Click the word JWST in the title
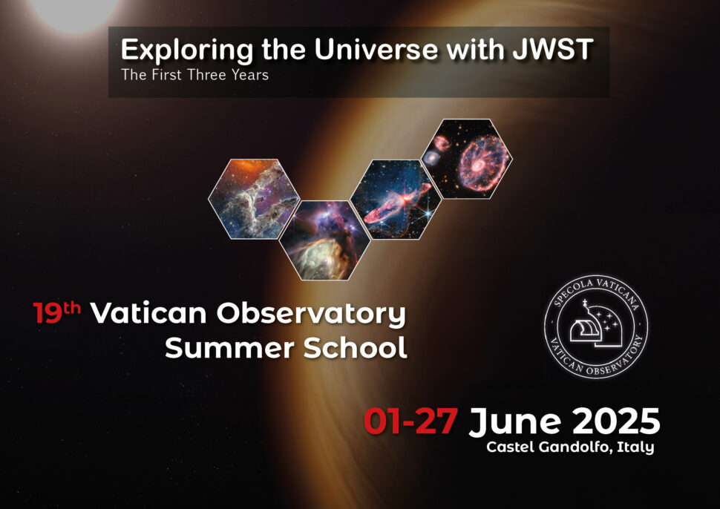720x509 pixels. click(553, 49)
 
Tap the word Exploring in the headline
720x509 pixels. click(186, 50)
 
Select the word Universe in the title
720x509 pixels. click(376, 49)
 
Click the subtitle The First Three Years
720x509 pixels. click(194, 75)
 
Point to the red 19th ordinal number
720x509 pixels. click(56, 312)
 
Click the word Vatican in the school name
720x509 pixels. click(148, 313)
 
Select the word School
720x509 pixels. click(356, 347)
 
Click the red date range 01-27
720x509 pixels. click(410, 421)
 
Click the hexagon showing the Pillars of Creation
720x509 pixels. click(254, 199)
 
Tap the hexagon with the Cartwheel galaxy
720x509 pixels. click(467, 159)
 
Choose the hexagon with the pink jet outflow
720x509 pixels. click(396, 199)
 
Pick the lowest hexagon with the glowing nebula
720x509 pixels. click(324, 240)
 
